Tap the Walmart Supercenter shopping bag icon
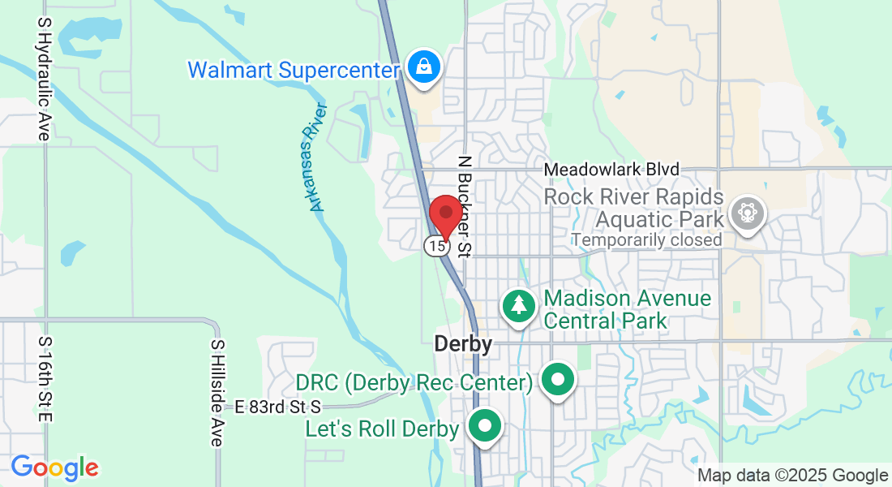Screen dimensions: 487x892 (x=424, y=67)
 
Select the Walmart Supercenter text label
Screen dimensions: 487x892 (x=294, y=70)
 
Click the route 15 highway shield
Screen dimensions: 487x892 (x=436, y=245)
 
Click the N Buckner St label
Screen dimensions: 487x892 (x=465, y=206)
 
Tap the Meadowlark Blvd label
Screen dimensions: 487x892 (x=611, y=170)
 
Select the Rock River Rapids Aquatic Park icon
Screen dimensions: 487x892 (x=746, y=213)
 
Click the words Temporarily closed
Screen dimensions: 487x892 (x=646, y=239)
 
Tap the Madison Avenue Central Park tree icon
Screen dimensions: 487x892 (x=518, y=305)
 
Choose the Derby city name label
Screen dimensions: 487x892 (x=463, y=344)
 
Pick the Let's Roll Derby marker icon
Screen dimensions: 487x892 (x=485, y=425)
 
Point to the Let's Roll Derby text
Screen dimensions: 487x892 (x=382, y=429)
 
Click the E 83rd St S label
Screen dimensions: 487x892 (x=278, y=407)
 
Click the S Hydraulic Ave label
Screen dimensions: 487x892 (x=44, y=80)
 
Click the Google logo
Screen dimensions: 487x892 (x=54, y=468)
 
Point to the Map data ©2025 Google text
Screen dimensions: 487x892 (x=793, y=476)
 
